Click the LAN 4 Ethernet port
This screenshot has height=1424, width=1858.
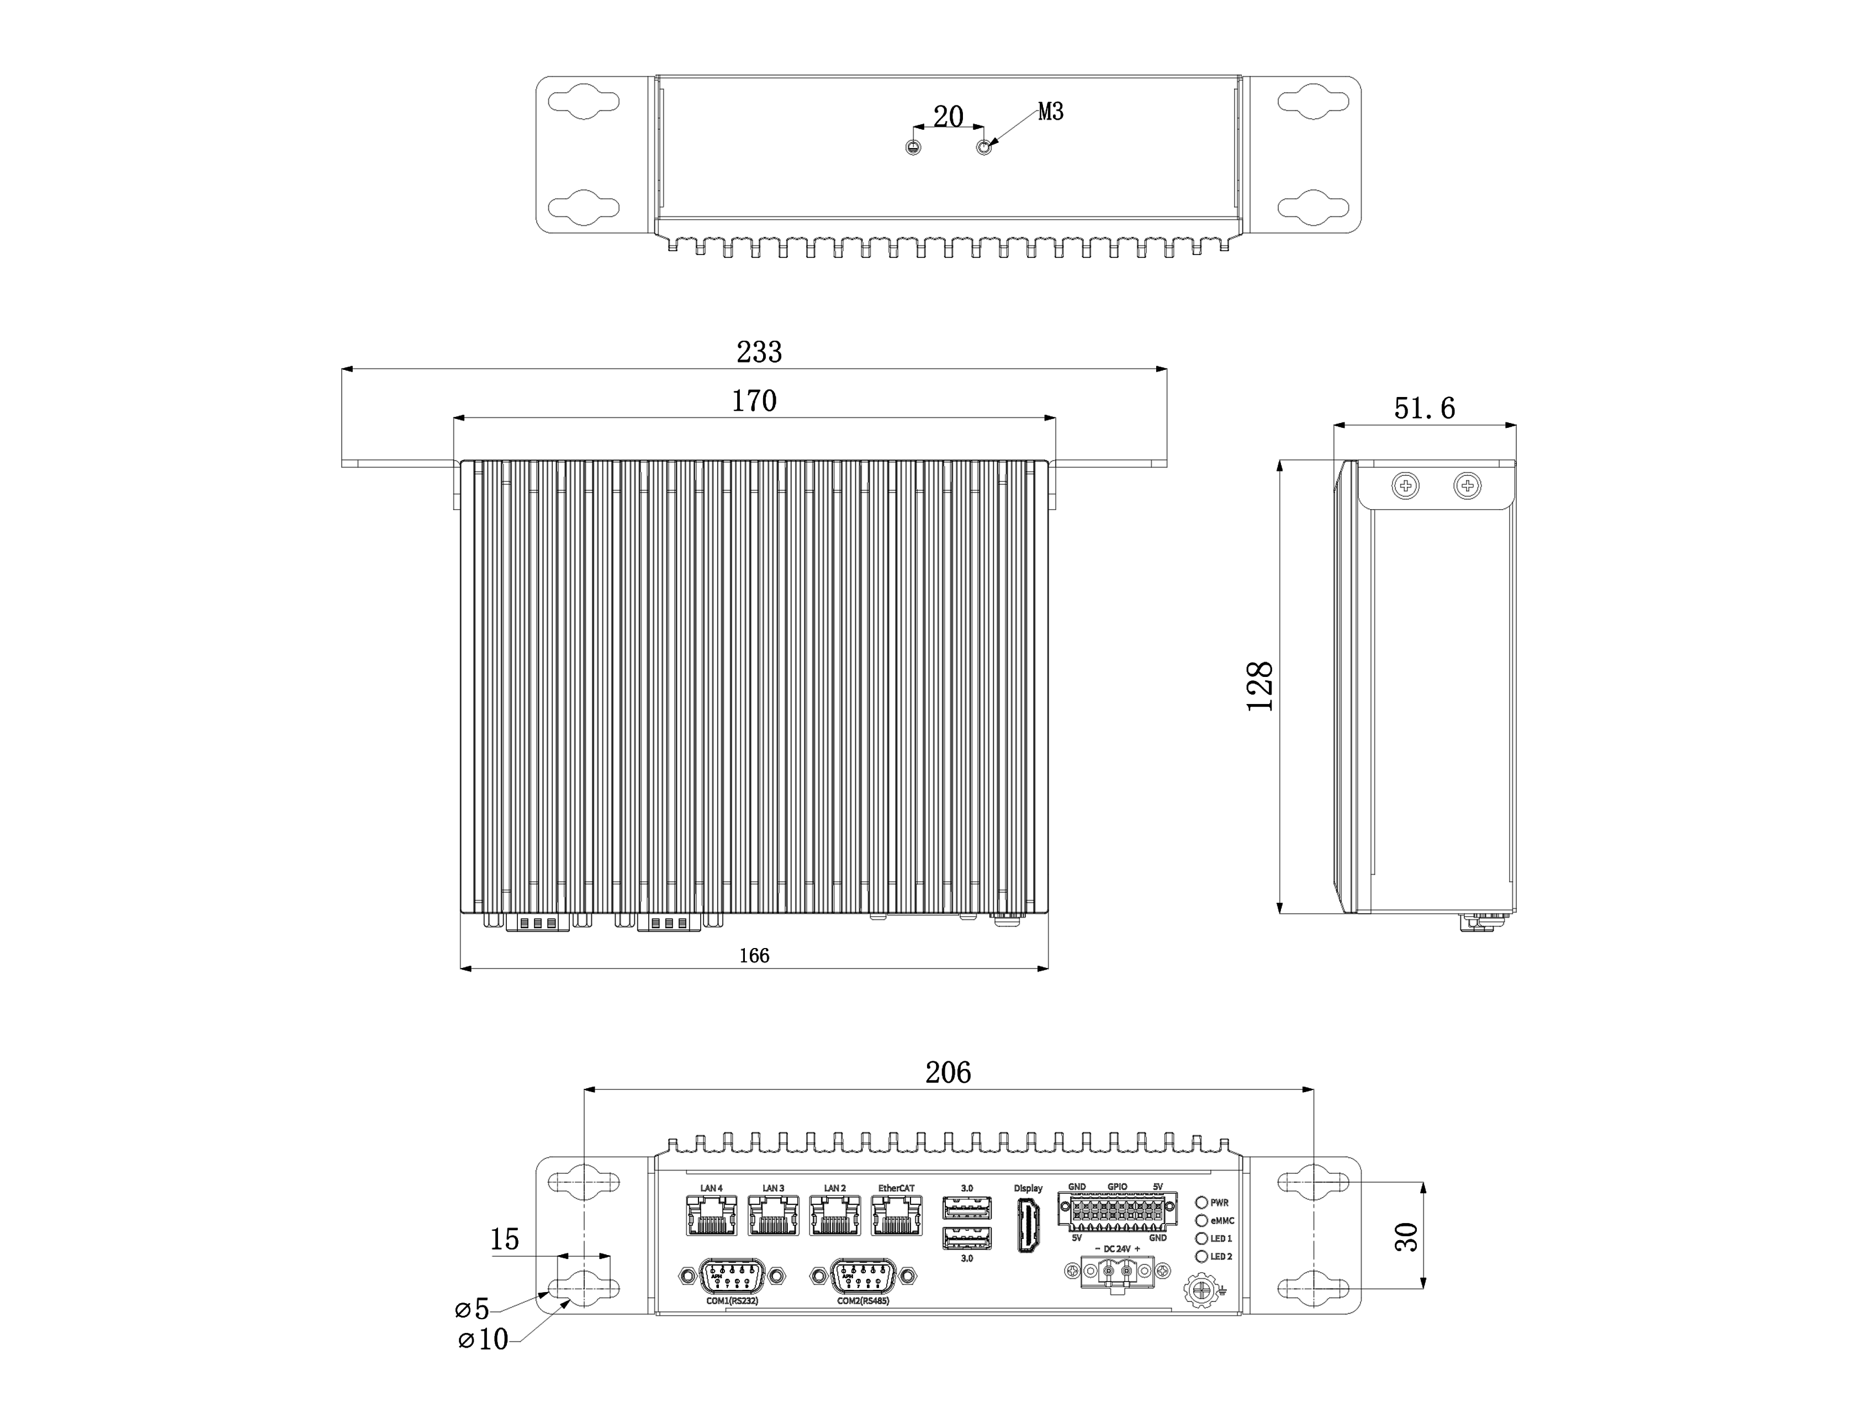point(711,1215)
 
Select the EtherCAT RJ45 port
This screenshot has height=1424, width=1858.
point(897,1215)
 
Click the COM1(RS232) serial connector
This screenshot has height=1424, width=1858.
point(732,1275)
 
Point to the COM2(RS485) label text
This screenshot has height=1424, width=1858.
point(863,1300)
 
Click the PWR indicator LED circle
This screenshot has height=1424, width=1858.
point(1201,1202)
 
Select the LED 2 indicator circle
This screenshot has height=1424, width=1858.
point(1201,1256)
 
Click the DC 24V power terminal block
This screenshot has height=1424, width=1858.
point(1117,1272)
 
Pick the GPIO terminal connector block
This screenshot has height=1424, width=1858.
point(1117,1211)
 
